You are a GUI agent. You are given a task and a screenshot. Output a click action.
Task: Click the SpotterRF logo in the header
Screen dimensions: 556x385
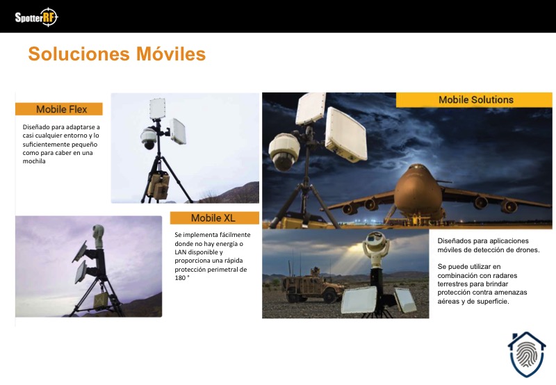click(36, 17)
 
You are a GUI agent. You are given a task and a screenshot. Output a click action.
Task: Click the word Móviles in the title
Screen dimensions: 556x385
click(171, 54)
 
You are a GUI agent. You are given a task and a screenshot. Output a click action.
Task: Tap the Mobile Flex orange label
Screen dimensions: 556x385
click(59, 109)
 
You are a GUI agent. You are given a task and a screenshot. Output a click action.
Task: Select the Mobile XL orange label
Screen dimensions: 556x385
click(215, 218)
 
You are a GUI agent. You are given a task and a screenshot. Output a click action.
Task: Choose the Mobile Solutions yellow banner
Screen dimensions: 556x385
click(474, 100)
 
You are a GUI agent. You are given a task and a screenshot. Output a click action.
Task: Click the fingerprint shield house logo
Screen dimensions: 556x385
click(527, 354)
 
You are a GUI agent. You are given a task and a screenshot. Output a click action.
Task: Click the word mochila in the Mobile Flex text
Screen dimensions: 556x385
click(34, 161)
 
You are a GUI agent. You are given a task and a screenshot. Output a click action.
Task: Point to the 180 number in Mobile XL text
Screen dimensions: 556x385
click(180, 278)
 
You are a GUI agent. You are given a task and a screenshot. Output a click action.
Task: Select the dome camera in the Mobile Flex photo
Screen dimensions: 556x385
click(149, 138)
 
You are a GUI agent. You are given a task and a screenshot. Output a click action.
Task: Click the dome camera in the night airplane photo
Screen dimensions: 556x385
click(284, 151)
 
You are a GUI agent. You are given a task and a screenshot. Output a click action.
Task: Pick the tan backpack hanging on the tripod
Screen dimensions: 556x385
click(159, 186)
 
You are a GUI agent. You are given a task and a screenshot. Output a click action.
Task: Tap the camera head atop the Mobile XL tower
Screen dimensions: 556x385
click(98, 236)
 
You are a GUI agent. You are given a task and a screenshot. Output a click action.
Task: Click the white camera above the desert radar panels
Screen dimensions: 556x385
click(375, 244)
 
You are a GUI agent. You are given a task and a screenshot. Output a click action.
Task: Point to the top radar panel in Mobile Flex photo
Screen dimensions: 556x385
click(158, 108)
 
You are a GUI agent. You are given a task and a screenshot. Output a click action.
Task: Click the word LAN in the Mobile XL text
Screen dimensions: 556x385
click(181, 252)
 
